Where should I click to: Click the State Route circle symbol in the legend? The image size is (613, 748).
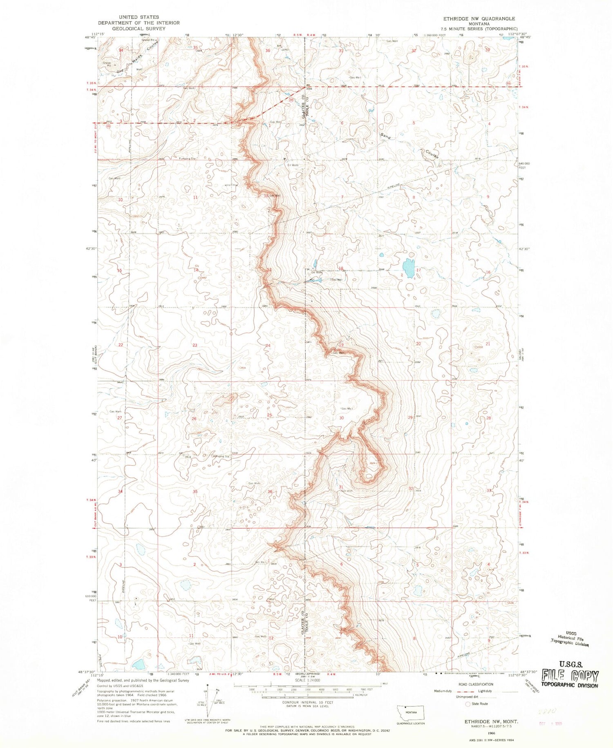tap(468, 704)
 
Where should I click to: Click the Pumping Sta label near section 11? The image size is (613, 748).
tap(188, 159)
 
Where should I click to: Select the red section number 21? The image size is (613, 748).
tap(488, 344)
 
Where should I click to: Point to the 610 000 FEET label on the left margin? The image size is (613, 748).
tap(89, 598)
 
